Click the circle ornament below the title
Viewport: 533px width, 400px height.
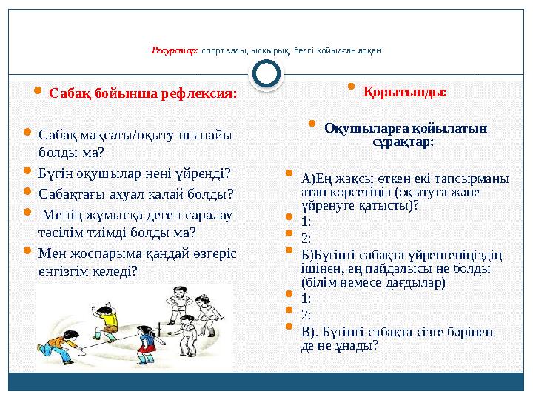[266, 74]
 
